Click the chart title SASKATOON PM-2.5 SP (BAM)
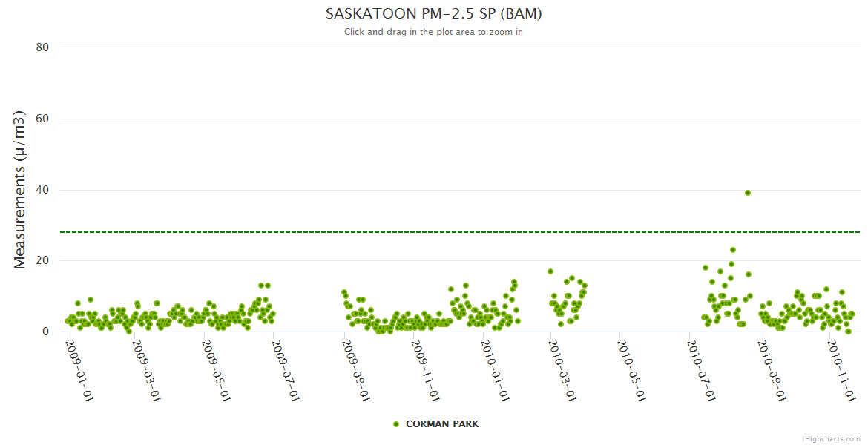433,14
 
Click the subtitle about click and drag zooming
433,32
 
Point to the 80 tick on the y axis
42,47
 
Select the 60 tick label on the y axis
42,119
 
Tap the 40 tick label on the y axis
42,190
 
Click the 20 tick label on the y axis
42,261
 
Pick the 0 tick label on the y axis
45,332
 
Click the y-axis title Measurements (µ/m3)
20,189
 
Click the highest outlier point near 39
748,193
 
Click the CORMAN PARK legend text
442,424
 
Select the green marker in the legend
396,424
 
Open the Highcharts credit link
832,438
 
